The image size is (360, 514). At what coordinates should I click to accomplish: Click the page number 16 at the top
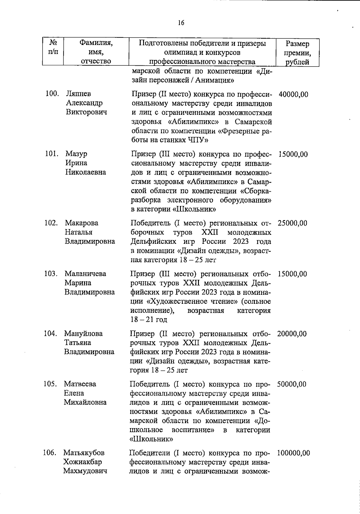tap(181, 23)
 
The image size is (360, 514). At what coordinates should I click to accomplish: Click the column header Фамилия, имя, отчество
tap(96, 52)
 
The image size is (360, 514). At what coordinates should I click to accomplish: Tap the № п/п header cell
tap(53, 47)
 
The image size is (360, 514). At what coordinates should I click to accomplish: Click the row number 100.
tap(52, 94)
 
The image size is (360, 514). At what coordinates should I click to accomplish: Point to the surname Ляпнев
tap(78, 94)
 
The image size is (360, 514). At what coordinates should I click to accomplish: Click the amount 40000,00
tap(293, 94)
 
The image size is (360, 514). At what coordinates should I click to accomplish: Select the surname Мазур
tap(76, 154)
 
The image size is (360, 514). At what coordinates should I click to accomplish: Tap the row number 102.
tap(51, 223)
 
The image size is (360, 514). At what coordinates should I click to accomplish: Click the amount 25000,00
tap(292, 223)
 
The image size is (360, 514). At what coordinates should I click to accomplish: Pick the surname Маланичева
tap(85, 274)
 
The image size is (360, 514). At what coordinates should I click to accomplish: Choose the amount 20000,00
tap(292, 334)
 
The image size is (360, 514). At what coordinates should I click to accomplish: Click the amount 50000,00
tap(292, 384)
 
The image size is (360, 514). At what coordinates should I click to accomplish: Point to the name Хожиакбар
tap(82, 462)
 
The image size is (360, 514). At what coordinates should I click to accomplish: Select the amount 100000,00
tap(293, 453)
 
